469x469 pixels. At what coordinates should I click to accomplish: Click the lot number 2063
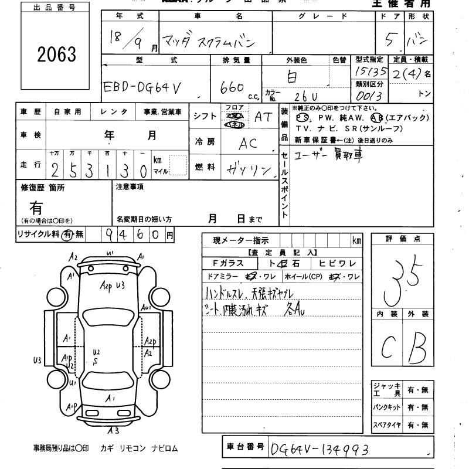pyautogui.click(x=57, y=55)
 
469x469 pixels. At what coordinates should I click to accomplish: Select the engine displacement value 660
pyautogui.click(x=232, y=87)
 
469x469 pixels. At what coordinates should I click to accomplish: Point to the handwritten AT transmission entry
pyautogui.click(x=263, y=116)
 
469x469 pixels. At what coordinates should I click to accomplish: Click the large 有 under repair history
pyautogui.click(x=36, y=206)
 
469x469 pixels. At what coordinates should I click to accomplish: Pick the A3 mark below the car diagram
pyautogui.click(x=113, y=431)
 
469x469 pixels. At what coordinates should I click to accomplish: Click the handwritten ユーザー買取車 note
pyautogui.click(x=328, y=158)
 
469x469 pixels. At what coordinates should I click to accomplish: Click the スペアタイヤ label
pyautogui.click(x=387, y=424)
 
